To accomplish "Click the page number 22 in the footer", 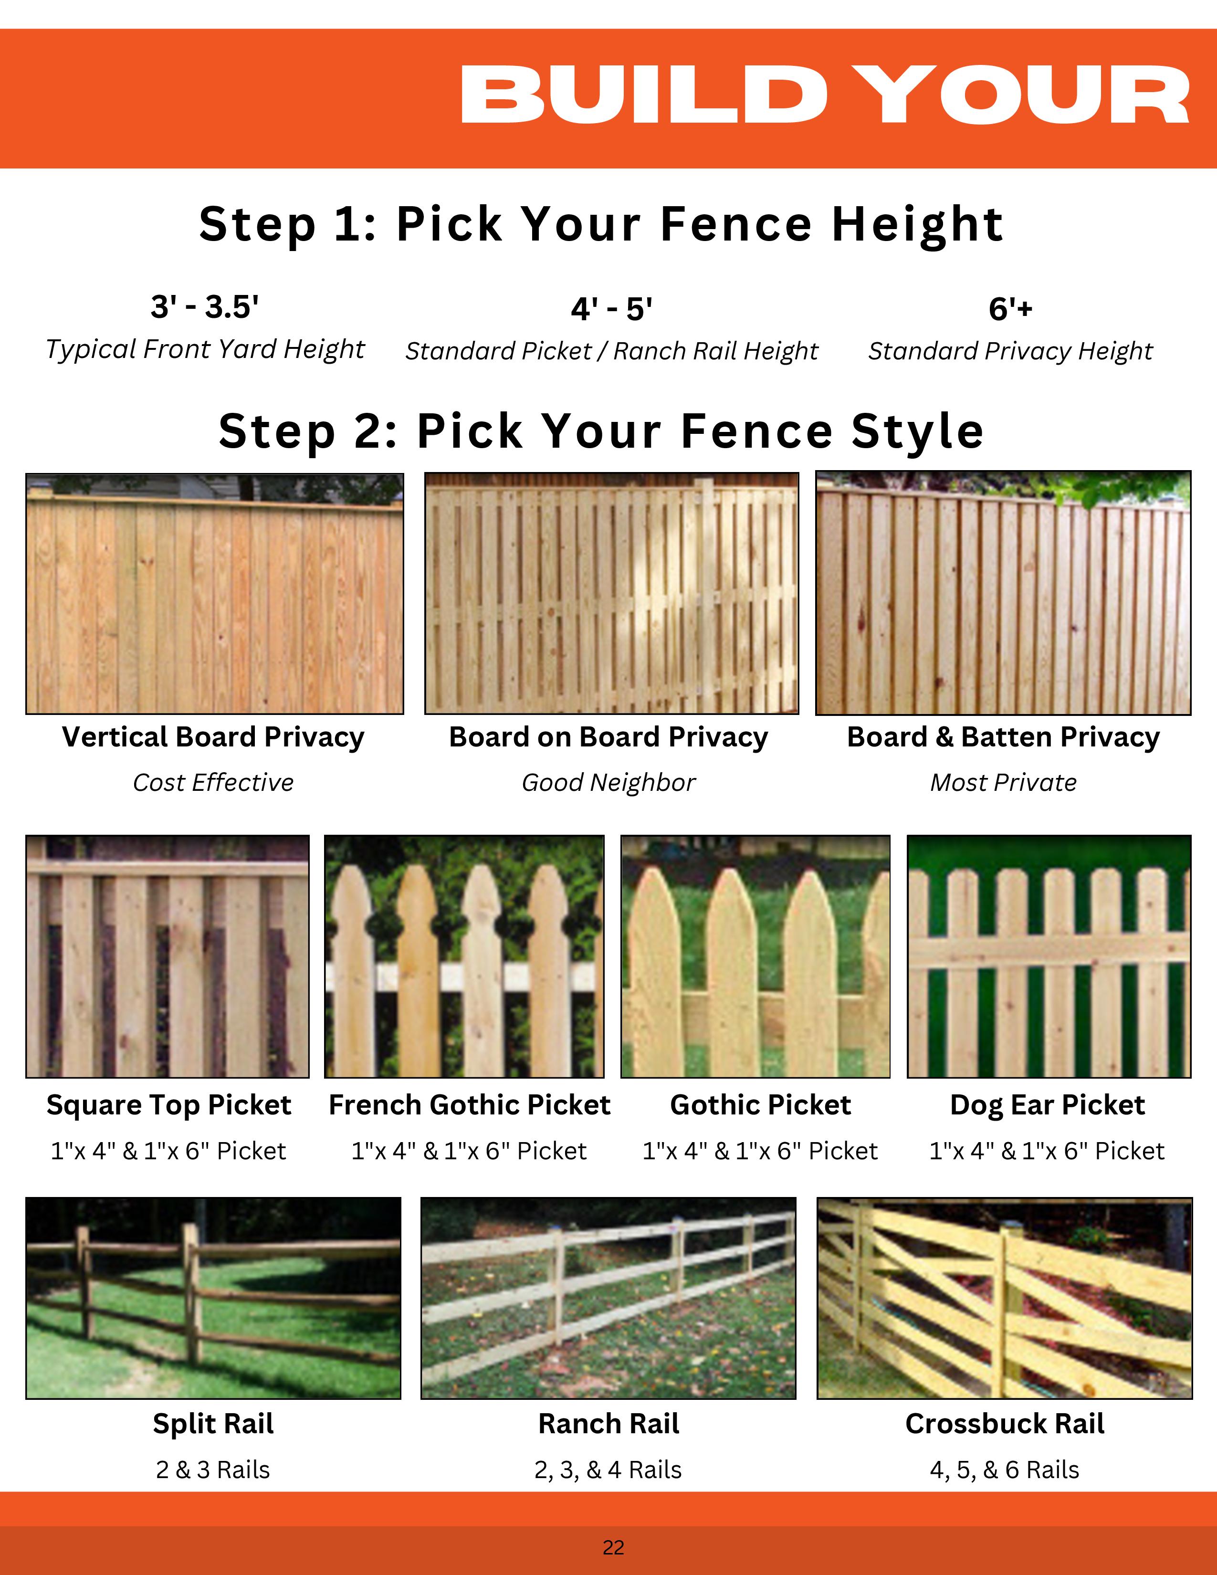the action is click(614, 1548).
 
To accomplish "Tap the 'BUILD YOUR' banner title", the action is click(825, 95).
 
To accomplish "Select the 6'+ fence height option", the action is click(1011, 309).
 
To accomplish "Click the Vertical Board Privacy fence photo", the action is click(215, 594).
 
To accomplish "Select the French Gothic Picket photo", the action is click(464, 956).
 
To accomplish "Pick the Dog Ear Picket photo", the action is click(1049, 956).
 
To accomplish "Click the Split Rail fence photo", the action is click(213, 1298).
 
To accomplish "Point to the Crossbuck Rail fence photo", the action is click(1004, 1298).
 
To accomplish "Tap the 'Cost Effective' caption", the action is click(213, 782).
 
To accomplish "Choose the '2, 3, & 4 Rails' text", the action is click(608, 1470).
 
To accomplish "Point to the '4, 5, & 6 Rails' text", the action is click(1004, 1470).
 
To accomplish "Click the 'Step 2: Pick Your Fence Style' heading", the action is click(601, 431).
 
